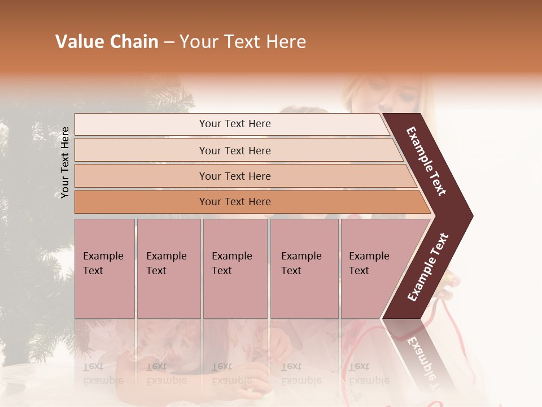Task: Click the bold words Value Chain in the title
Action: tap(107, 42)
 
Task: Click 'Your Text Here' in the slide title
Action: tap(243, 42)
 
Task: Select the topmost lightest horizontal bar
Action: tap(231, 124)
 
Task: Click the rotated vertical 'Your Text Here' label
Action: tap(65, 162)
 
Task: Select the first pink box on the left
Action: tap(104, 269)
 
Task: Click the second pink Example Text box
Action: tap(168, 269)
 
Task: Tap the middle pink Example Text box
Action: tap(235, 269)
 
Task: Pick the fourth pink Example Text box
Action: tap(304, 269)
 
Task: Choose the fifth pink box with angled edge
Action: tap(373, 269)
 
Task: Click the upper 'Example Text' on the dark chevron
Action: tap(426, 161)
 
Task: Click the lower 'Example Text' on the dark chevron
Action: tap(428, 267)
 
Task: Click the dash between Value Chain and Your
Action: tap(169, 42)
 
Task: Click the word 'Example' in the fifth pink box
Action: tap(369, 256)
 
